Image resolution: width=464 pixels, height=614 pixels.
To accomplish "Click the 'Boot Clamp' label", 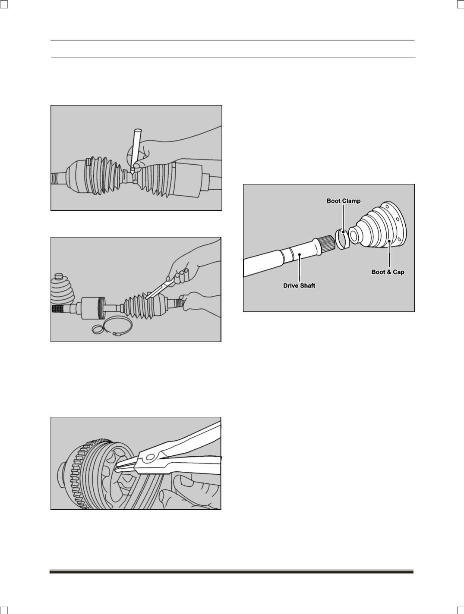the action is click(344, 201).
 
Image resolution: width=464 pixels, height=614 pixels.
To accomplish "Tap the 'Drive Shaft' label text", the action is click(299, 285).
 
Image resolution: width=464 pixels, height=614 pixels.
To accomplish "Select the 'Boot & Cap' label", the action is click(388, 272).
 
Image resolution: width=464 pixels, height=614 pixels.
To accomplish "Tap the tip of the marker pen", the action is click(132, 174).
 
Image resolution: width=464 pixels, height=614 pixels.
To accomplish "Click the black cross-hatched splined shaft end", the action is click(57, 309).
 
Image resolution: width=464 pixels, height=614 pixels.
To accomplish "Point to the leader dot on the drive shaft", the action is click(300, 254).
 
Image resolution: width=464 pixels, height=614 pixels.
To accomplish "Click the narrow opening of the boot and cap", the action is click(354, 236).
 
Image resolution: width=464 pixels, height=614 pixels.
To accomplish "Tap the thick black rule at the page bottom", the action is click(232, 572).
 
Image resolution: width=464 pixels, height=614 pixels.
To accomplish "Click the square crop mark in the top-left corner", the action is click(3, 4).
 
